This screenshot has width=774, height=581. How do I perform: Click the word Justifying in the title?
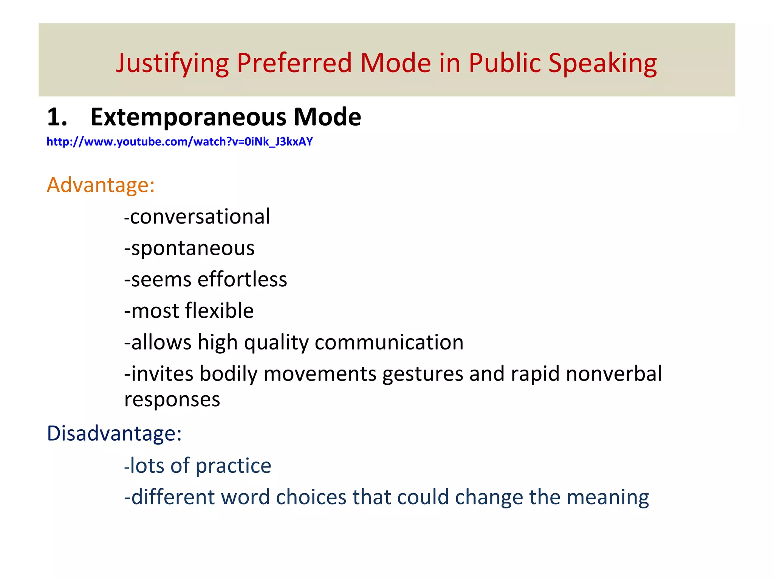coord(172,64)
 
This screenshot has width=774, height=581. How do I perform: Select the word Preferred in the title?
coord(294,63)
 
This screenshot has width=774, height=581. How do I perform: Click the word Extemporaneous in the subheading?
coord(189,117)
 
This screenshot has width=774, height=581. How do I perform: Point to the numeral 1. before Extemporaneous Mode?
coord(57,117)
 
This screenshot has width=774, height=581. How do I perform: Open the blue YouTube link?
coord(180,142)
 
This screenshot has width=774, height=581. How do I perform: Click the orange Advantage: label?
coord(101,185)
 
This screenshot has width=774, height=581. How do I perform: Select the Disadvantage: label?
coord(114,433)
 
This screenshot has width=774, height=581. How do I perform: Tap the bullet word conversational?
coord(200,217)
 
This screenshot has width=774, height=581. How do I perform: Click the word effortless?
coord(242,280)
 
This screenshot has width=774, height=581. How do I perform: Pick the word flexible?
coord(219,311)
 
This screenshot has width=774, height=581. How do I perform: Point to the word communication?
coord(389,342)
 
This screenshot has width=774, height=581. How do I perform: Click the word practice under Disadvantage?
coord(233,466)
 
